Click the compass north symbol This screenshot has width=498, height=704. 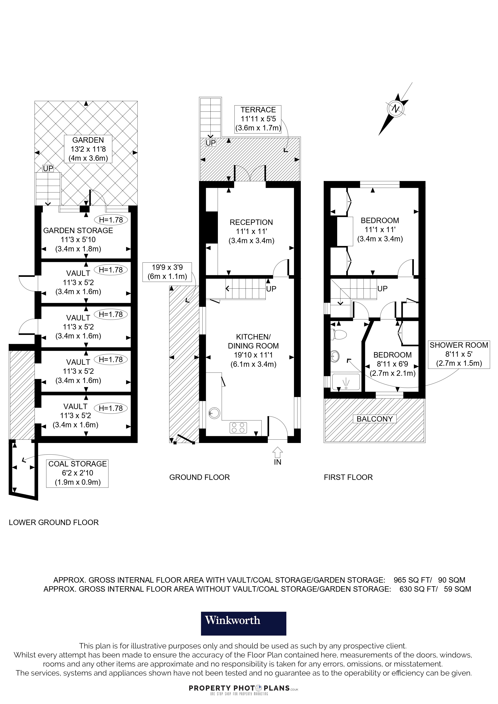(x=396, y=109)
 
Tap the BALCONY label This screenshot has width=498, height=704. (x=375, y=419)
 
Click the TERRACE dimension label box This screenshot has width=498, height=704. (x=258, y=119)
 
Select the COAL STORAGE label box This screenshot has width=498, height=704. (x=77, y=473)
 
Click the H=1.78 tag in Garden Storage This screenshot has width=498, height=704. (x=111, y=220)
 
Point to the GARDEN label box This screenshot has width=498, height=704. (x=88, y=149)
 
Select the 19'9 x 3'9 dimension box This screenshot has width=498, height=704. (x=167, y=272)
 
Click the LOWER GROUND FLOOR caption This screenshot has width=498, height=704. (x=54, y=522)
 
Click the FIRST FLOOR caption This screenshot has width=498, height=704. (x=348, y=477)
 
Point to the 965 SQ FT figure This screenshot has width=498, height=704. (x=412, y=580)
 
